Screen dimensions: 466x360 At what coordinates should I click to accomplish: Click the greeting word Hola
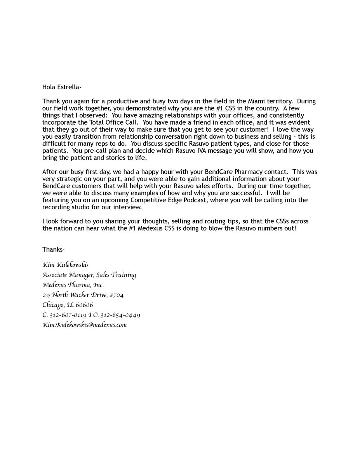coord(49,87)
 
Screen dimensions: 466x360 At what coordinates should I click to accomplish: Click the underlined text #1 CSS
coord(226,108)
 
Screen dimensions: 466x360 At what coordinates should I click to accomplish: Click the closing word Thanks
coord(53,249)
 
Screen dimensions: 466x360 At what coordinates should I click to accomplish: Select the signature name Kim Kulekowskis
coord(65,265)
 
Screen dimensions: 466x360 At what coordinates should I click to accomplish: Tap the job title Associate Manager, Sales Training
coord(89,275)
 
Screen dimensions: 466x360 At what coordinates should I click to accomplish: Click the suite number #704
coord(117,295)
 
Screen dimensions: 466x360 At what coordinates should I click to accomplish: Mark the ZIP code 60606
coord(85,305)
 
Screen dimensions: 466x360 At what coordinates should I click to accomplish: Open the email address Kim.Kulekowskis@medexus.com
coord(85,325)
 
